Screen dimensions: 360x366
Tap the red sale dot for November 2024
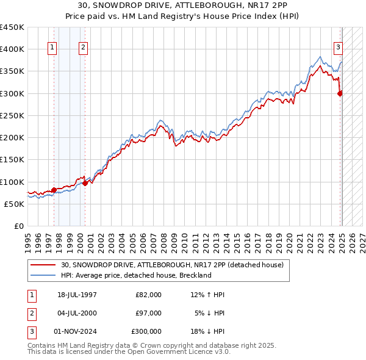340,93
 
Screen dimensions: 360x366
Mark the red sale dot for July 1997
54,190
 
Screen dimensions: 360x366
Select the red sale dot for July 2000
85,183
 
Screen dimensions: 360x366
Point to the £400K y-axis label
12,49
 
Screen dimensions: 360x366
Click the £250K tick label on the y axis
12,115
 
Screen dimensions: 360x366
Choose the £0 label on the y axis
19,226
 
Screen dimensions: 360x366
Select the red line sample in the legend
43,265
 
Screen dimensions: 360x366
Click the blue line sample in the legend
43,275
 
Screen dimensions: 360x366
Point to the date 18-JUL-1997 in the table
77,295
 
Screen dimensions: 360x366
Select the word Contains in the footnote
42,345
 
